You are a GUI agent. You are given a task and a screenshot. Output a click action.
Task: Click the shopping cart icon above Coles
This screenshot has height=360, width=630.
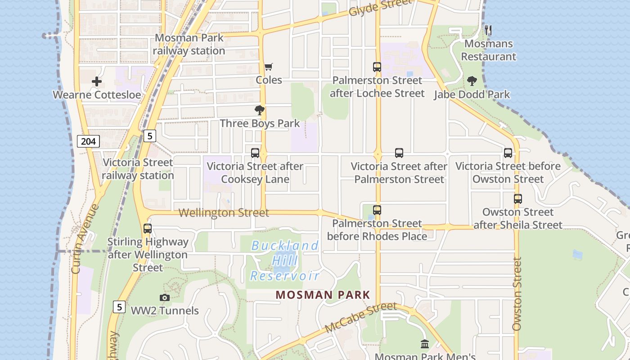[x=268, y=67]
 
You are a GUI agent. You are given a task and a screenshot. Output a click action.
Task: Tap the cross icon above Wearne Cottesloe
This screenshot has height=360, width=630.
[x=97, y=82]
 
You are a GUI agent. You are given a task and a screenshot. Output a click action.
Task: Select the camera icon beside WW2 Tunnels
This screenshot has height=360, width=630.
[x=164, y=297]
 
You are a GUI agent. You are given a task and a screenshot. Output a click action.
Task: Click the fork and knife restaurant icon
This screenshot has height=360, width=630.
[x=488, y=30]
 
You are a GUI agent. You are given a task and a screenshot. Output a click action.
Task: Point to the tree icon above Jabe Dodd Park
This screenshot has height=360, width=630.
[x=472, y=81]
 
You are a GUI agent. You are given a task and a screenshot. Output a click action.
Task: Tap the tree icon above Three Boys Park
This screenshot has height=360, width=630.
[x=260, y=110]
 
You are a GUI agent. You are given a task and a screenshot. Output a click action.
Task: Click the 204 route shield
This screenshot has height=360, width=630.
[x=88, y=141]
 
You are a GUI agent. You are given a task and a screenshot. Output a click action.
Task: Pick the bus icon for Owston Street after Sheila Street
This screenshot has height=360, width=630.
[x=518, y=199]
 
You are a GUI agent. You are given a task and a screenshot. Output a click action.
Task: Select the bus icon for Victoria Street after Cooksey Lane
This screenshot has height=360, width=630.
[x=255, y=153]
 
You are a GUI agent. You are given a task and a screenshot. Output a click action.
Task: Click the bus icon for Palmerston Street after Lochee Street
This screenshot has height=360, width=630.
[x=377, y=67]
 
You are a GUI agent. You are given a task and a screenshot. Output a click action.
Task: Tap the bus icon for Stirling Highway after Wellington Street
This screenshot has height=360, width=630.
[x=148, y=229]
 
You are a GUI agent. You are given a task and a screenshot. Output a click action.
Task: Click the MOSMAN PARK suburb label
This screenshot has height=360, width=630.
[x=323, y=295]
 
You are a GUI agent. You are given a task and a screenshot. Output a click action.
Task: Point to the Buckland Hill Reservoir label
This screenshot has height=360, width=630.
[x=285, y=261]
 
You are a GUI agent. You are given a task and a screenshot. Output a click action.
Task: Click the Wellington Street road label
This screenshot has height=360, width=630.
[x=224, y=213]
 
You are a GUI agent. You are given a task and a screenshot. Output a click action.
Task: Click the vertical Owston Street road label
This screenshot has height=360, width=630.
[x=517, y=293]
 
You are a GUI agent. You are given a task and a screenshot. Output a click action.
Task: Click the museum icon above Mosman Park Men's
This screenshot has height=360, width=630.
[x=425, y=344]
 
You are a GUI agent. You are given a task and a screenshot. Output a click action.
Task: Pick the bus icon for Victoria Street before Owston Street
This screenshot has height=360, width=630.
[x=508, y=153]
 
